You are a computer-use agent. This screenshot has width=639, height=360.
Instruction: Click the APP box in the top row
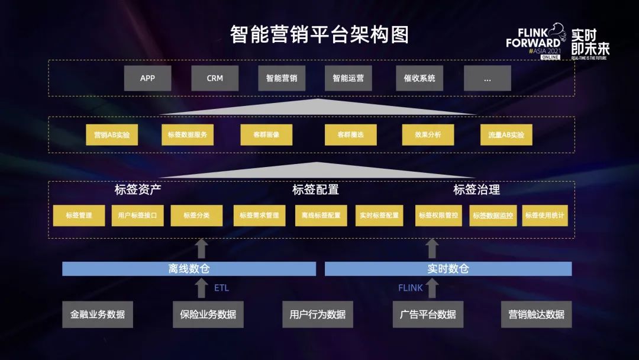[x=147, y=78]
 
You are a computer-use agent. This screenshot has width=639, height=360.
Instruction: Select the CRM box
[x=215, y=78]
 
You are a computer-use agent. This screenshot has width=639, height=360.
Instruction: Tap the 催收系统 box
[x=419, y=78]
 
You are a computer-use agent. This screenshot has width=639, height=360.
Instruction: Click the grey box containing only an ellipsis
[x=487, y=78]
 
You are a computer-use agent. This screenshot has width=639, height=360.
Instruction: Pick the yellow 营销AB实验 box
[x=112, y=135]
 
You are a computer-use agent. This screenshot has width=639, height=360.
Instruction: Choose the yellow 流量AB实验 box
[x=506, y=135]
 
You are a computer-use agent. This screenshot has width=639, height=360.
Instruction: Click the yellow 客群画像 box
[x=266, y=135]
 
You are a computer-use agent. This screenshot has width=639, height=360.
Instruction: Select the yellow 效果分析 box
[x=428, y=135]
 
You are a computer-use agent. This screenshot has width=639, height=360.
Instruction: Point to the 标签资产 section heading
[x=138, y=190]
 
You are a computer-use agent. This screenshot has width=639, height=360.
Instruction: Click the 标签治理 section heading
[x=477, y=190]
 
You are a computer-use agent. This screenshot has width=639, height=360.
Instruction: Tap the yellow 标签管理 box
[x=79, y=216]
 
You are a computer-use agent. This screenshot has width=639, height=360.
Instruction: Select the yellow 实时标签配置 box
[x=379, y=216]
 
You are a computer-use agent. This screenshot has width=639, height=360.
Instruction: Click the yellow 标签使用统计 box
[x=545, y=216]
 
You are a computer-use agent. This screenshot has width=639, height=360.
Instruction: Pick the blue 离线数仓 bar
[x=189, y=269]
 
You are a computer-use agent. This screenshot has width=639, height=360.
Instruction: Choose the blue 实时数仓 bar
[x=448, y=269]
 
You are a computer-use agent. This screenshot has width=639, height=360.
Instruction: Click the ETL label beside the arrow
[x=221, y=288]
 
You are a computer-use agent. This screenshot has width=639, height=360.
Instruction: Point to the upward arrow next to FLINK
[x=432, y=288]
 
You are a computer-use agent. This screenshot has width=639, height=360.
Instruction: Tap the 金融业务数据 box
[x=98, y=314]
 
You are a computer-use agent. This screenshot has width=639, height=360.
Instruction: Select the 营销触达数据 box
[x=536, y=314]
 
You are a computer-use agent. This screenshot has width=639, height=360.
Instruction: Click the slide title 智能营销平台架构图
[x=319, y=34]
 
